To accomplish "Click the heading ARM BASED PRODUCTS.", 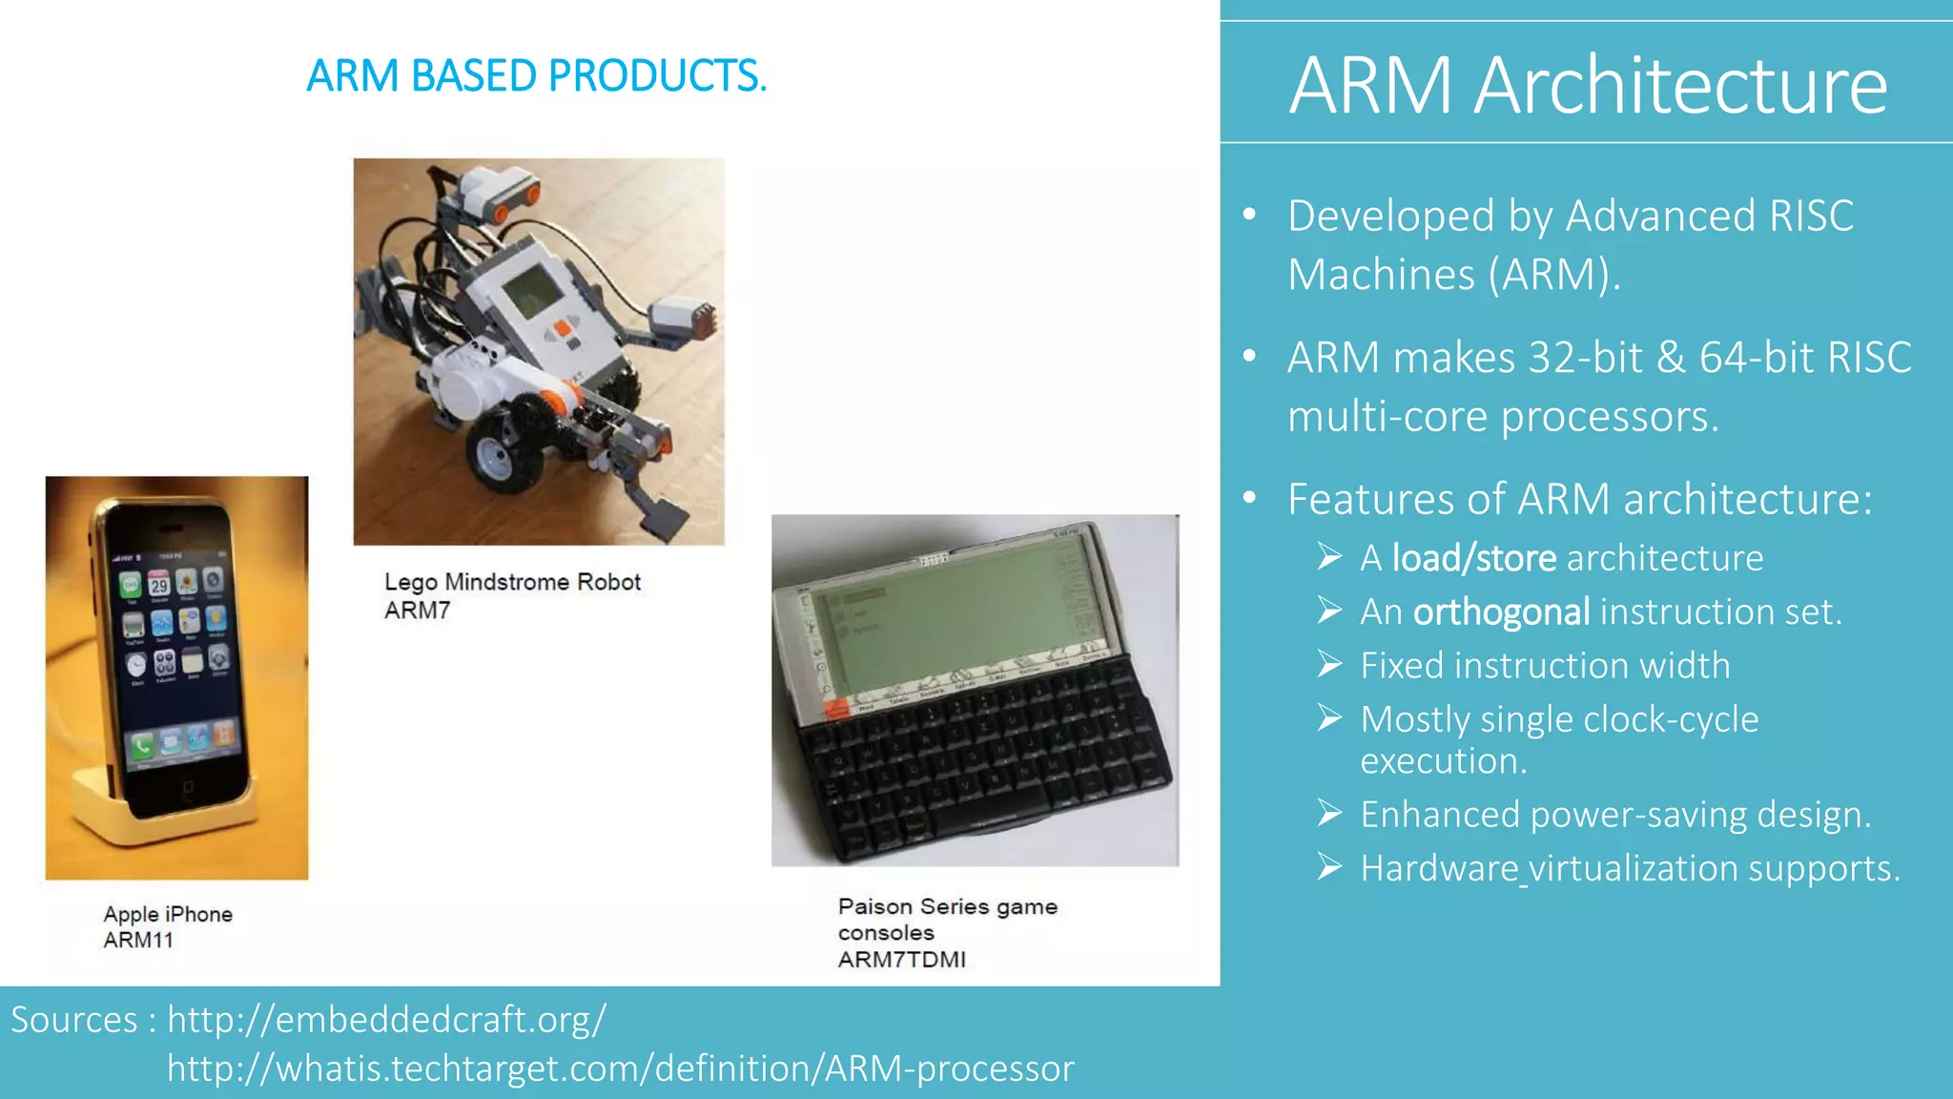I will coord(536,76).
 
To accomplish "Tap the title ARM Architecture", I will coord(1587,86).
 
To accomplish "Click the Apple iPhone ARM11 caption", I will coord(168,926).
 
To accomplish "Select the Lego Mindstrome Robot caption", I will coord(512,583).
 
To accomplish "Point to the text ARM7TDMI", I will coord(901,960).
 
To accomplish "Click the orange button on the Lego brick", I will coord(564,328).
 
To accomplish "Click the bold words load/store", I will coord(1473,558).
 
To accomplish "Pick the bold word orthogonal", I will coord(1501,612).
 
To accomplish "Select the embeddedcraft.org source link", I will coord(386,1020).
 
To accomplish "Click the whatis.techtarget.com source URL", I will coord(620,1068).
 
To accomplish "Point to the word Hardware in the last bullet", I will coord(1438,868).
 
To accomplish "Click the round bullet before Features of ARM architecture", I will coord(1250,498).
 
